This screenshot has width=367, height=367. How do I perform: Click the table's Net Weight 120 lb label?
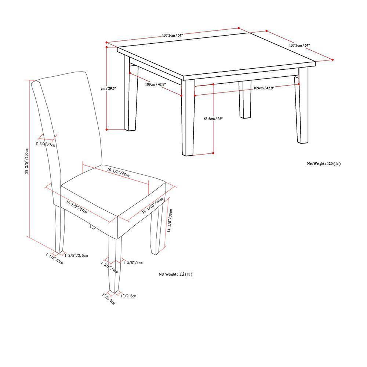pos(323,164)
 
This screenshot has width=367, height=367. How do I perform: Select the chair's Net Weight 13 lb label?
pos(175,274)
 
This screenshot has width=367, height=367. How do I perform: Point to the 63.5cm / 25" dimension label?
pos(213,119)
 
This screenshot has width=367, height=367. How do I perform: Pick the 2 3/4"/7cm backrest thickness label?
pos(45,144)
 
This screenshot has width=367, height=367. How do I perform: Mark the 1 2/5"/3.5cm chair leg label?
pos(76,255)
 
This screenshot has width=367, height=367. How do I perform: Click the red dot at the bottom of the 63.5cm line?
pos(213,153)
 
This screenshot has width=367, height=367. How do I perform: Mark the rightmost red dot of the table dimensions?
pos(333,59)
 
